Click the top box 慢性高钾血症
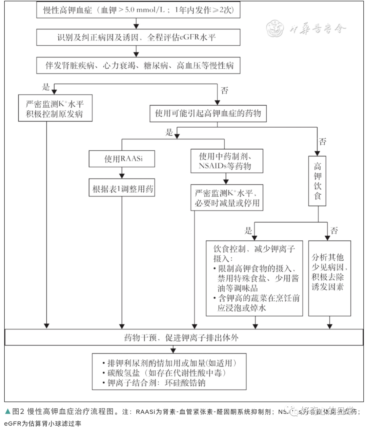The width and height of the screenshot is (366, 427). [138, 9]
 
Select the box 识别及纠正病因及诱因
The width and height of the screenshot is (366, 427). [138, 37]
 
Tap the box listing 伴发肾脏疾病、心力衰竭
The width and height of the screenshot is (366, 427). [138, 65]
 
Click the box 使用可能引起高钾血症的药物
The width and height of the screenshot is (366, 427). [208, 113]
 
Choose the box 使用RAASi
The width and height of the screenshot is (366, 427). [122, 158]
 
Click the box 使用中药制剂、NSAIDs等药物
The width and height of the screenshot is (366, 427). [225, 161]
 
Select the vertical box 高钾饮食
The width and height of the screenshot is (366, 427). [317, 181]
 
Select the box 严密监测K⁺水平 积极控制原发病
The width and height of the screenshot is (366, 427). [55, 108]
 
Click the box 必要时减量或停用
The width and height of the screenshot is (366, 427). [226, 198]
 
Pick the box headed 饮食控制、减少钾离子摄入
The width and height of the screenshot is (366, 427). [254, 278]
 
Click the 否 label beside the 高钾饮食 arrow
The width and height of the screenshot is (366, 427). [323, 142]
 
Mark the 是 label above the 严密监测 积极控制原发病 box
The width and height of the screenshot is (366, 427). [46, 87]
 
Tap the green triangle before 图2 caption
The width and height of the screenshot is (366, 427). [7, 412]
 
